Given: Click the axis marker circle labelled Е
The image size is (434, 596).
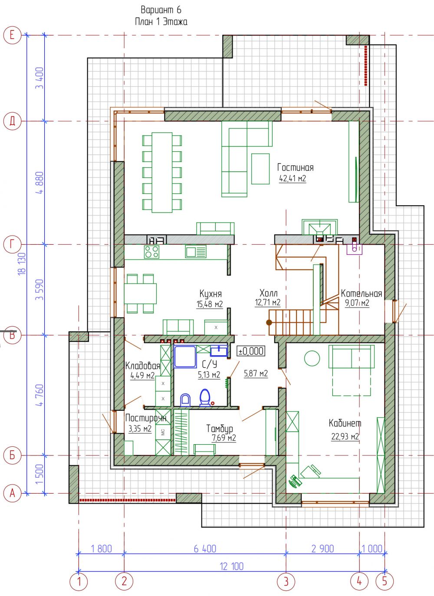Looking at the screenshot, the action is click(x=12, y=35).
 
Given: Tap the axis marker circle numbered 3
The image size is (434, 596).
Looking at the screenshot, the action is click(x=286, y=582).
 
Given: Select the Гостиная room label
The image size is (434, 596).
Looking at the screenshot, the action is click(x=295, y=167).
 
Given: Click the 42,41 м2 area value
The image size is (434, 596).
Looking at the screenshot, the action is click(x=293, y=178).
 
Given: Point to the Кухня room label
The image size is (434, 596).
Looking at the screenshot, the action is click(x=210, y=294).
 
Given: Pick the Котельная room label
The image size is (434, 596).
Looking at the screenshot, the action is click(x=362, y=294).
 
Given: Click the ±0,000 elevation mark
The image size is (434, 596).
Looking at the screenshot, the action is click(x=251, y=351).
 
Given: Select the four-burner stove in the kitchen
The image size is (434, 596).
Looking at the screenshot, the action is click(x=152, y=252).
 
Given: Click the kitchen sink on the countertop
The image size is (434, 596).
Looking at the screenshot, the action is click(x=196, y=252).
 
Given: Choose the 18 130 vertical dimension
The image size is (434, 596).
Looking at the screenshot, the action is click(x=23, y=264).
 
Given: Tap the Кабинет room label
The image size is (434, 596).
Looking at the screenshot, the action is click(x=345, y=423).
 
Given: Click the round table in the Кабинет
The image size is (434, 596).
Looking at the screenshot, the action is click(x=312, y=358).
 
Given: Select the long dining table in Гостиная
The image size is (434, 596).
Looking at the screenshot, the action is click(x=162, y=172).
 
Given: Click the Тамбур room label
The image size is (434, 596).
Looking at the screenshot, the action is click(x=220, y=429).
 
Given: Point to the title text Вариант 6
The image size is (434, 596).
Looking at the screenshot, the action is click(x=161, y=10).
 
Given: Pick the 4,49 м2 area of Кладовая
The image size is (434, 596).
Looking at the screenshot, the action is click(x=142, y=375).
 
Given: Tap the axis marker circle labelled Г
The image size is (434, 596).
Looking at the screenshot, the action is click(x=12, y=244).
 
